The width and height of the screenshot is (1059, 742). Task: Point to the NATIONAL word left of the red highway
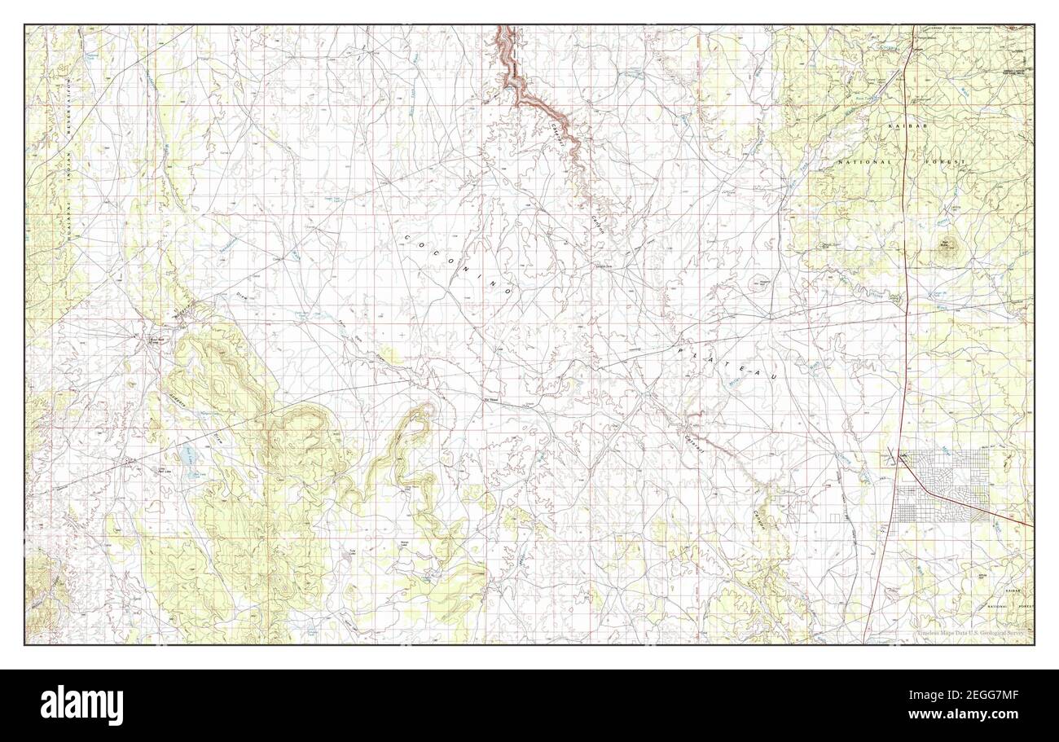click(x=863, y=163)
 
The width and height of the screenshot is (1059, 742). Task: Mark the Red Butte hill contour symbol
click(x=947, y=250)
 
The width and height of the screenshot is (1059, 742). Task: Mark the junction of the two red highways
click(x=899, y=466)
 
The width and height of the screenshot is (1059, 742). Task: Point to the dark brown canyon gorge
click(x=521, y=81)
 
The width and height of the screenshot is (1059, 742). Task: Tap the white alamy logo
click(x=81, y=705)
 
